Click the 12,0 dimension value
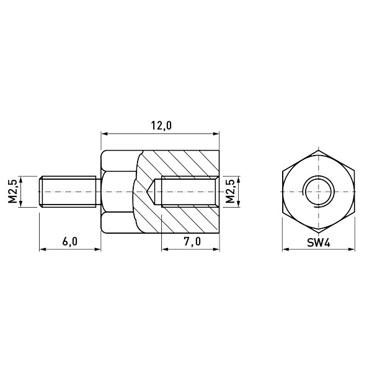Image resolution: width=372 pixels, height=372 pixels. [161, 126]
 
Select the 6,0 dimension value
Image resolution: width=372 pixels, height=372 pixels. [70, 242]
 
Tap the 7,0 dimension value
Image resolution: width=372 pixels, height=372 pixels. [192, 242]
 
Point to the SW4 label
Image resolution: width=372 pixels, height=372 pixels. [319, 242]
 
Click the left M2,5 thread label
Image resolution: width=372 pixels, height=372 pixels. [13, 192]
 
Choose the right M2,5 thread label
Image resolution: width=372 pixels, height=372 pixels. [230, 192]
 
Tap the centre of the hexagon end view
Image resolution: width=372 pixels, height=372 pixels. [319, 192]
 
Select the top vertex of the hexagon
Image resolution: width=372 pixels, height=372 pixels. [319, 150]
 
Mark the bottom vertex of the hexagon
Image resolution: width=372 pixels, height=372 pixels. [319, 232]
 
